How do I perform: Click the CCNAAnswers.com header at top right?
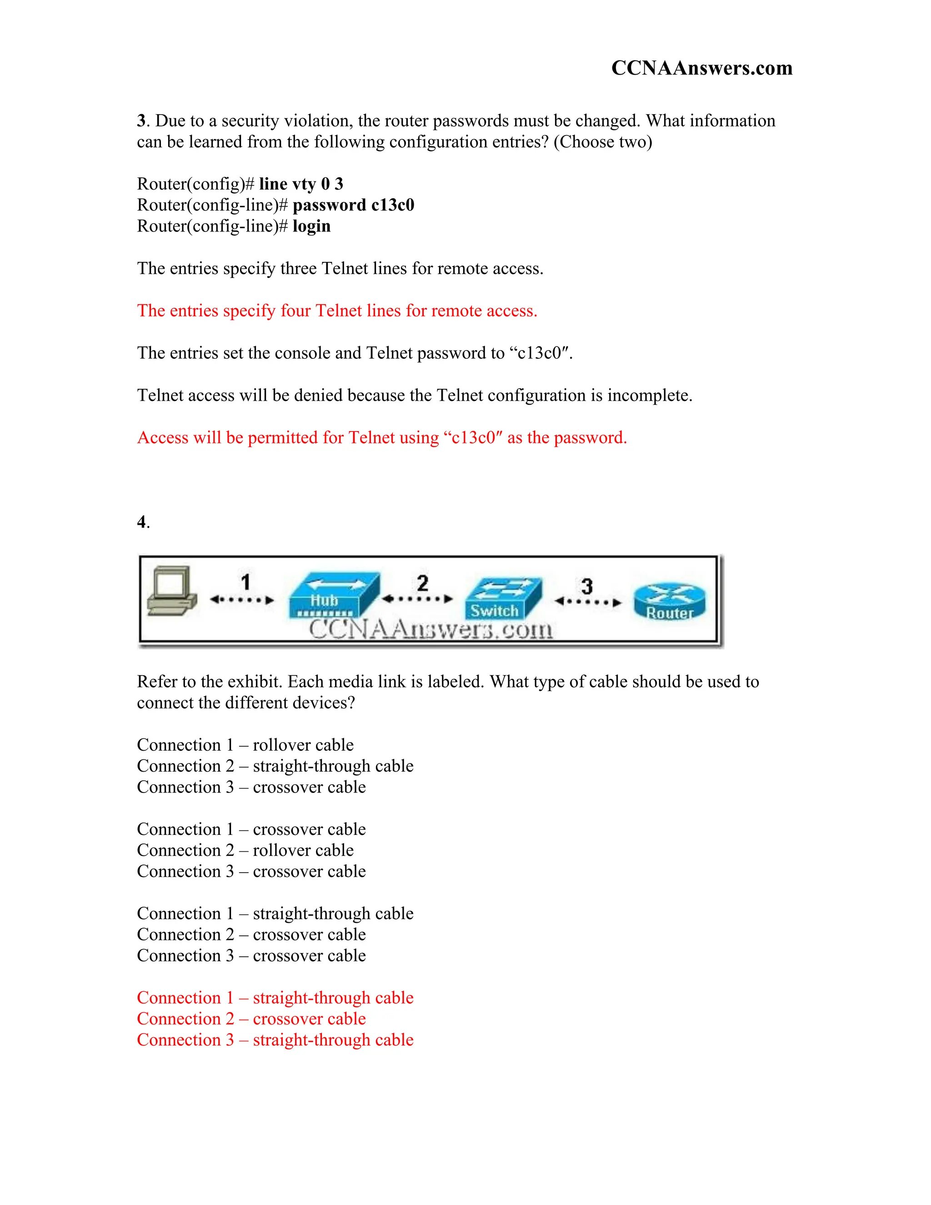click(x=701, y=68)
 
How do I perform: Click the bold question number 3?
click(x=141, y=121)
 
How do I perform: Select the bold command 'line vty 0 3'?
click(x=301, y=184)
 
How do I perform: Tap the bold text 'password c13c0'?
click(x=353, y=205)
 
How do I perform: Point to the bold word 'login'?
click(x=311, y=226)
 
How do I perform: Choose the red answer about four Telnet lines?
click(x=337, y=311)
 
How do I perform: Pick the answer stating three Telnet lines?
click(x=340, y=269)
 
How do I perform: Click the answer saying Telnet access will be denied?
click(x=414, y=395)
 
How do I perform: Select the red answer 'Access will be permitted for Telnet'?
click(x=382, y=437)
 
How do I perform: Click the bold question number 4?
click(x=142, y=522)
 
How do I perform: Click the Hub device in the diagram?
click(x=333, y=596)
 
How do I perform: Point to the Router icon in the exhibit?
click(x=670, y=602)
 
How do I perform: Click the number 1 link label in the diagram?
click(x=245, y=582)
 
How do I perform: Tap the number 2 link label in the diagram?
click(x=422, y=583)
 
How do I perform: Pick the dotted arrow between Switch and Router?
click(x=588, y=602)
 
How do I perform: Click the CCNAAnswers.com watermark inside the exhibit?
click(x=430, y=629)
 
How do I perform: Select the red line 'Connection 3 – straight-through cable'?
click(x=275, y=1040)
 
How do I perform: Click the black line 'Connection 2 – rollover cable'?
click(x=245, y=850)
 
